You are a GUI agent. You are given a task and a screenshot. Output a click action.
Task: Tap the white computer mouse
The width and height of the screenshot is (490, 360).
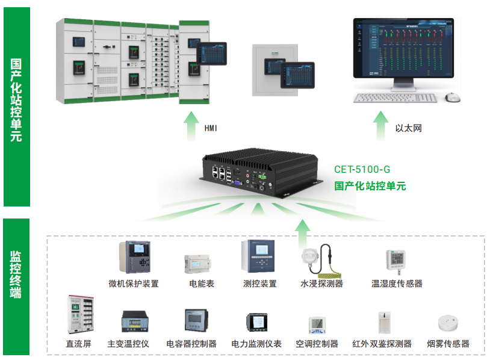click(452, 96)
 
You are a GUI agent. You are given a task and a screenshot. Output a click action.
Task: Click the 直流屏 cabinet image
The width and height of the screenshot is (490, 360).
click(78, 314)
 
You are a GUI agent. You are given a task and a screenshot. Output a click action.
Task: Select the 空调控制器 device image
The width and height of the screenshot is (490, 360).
click(317, 324)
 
